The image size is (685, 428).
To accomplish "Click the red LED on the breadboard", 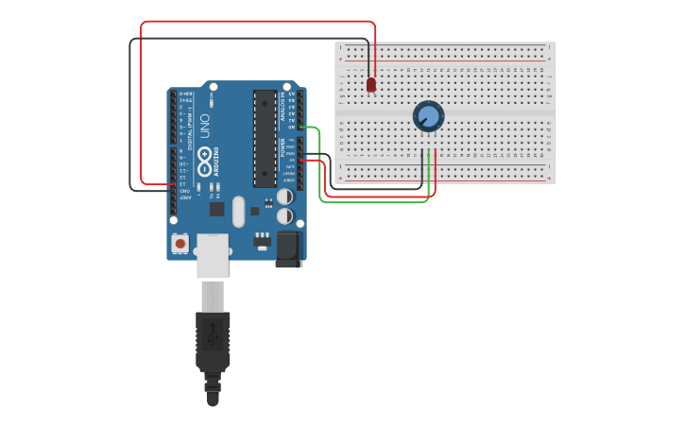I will pos(371,84).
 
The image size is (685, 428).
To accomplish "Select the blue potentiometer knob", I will pos(428,116).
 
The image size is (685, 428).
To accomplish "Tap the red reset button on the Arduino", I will pos(180,244).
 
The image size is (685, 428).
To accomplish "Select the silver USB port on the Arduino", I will pos(213,256).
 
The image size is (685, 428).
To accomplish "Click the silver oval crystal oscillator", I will pos(238,212).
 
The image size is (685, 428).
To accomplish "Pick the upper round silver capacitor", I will pos(284,197).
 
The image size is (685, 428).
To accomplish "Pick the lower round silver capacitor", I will pos(284,215).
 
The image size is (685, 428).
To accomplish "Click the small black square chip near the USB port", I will pos(216,209).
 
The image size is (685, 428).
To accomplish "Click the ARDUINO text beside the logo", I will pos(217,161).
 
